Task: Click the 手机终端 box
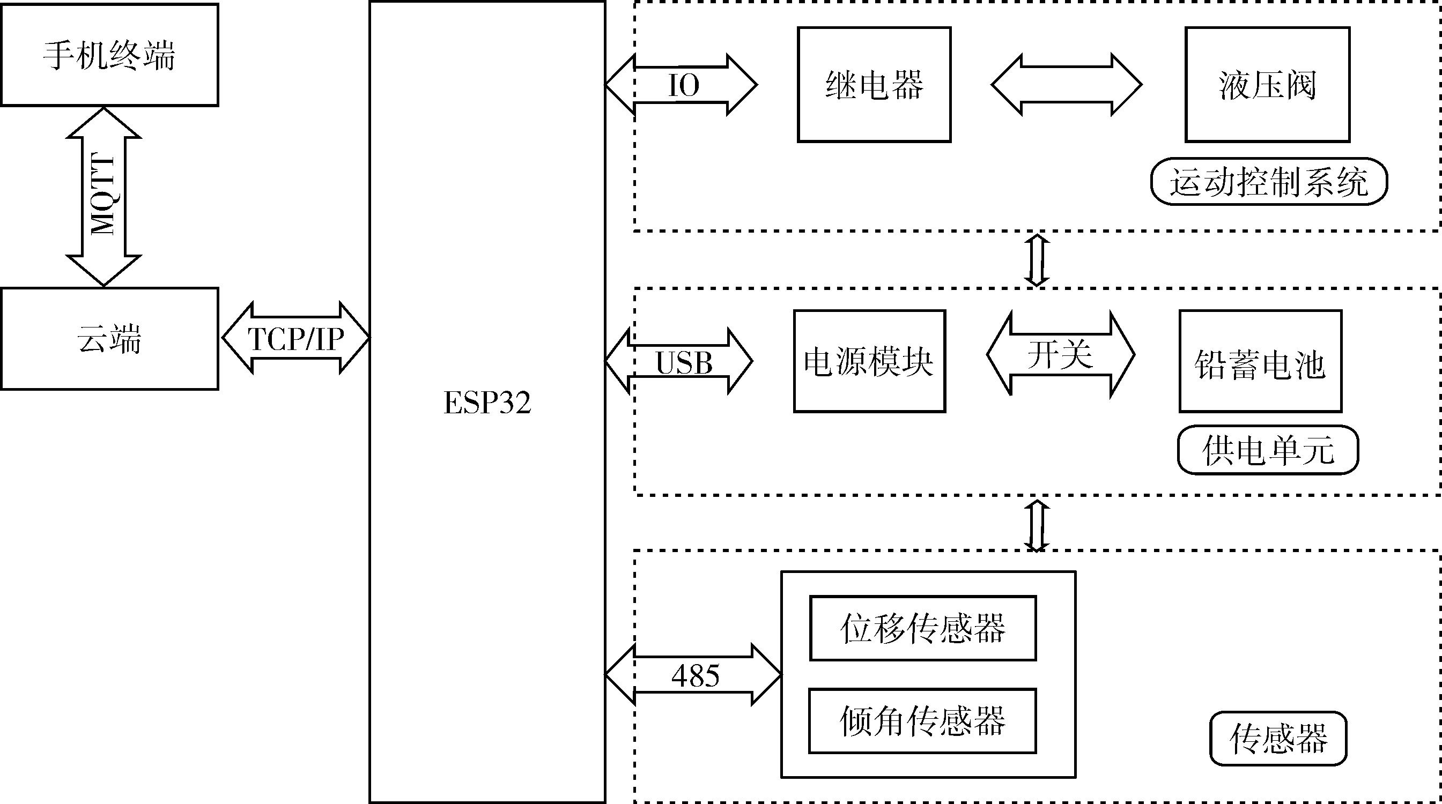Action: [x=109, y=55]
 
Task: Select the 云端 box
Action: [x=109, y=339]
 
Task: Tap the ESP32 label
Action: [x=487, y=403]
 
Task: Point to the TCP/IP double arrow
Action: [x=295, y=338]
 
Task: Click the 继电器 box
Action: [x=874, y=85]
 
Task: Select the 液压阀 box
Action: [x=1267, y=85]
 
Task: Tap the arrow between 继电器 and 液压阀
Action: [x=1067, y=85]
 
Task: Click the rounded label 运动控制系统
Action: [x=1268, y=182]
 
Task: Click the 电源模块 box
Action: [x=869, y=361]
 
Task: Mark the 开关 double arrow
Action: [x=1060, y=355]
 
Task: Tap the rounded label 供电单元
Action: [x=1268, y=450]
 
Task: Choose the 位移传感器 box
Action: [x=922, y=628]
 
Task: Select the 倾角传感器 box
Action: [x=922, y=720]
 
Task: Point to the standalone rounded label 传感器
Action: [x=1278, y=738]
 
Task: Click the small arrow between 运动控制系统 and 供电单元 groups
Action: [x=1036, y=259]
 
